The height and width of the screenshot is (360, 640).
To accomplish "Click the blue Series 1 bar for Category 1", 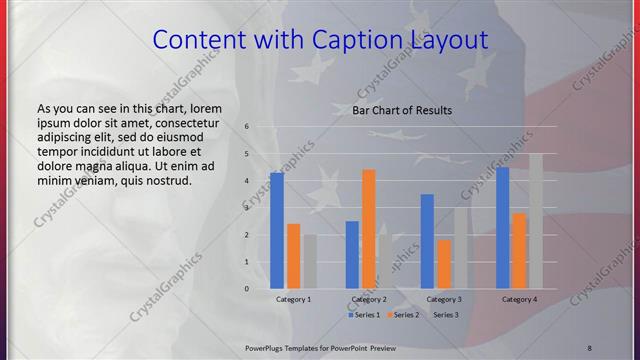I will (277, 231).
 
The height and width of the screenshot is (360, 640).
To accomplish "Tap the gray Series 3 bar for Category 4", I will (536, 221).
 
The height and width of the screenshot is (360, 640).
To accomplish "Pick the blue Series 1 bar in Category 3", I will (427, 241).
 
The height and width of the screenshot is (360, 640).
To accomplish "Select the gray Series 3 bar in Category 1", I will (310, 262).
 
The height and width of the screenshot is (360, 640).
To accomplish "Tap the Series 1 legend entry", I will (363, 315).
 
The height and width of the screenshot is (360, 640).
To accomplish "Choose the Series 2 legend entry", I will (402, 315).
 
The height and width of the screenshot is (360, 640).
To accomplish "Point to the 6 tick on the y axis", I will (246, 127).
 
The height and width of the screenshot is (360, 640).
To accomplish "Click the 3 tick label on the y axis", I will (246, 208).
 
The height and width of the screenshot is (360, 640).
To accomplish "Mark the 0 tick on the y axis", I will (246, 289).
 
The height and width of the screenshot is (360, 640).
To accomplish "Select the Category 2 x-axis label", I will (369, 299).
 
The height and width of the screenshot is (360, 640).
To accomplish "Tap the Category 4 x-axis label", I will (519, 299).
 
